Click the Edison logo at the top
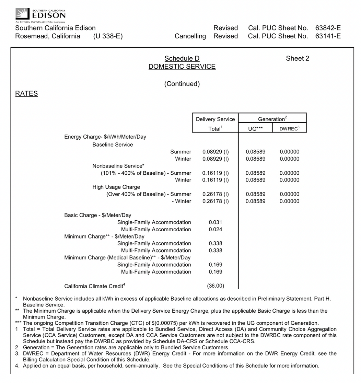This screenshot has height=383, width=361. [x=40, y=14]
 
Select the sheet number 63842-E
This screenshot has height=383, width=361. [x=328, y=28]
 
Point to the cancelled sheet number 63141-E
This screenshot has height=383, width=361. [x=328, y=36]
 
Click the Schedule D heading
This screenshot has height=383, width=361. [x=182, y=59]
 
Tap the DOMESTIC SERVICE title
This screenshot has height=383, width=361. [x=182, y=67]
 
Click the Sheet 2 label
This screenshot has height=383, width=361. [x=297, y=59]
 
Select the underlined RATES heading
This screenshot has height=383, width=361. [x=26, y=94]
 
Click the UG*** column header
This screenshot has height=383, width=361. [x=255, y=129]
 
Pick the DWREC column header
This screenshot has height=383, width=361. [x=289, y=129]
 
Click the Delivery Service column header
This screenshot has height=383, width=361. [x=215, y=119]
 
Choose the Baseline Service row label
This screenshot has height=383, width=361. [x=113, y=145]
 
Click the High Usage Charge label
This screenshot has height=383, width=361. [x=116, y=187]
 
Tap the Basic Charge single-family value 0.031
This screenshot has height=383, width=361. [x=216, y=222]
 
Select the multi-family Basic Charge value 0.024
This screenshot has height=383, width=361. [x=216, y=229]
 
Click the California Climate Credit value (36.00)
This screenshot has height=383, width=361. [x=216, y=286]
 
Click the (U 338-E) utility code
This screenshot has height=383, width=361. [x=108, y=36]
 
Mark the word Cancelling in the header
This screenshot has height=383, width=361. [x=190, y=36]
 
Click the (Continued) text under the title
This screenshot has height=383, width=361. [x=182, y=84]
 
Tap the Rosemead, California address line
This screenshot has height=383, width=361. [x=48, y=36]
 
